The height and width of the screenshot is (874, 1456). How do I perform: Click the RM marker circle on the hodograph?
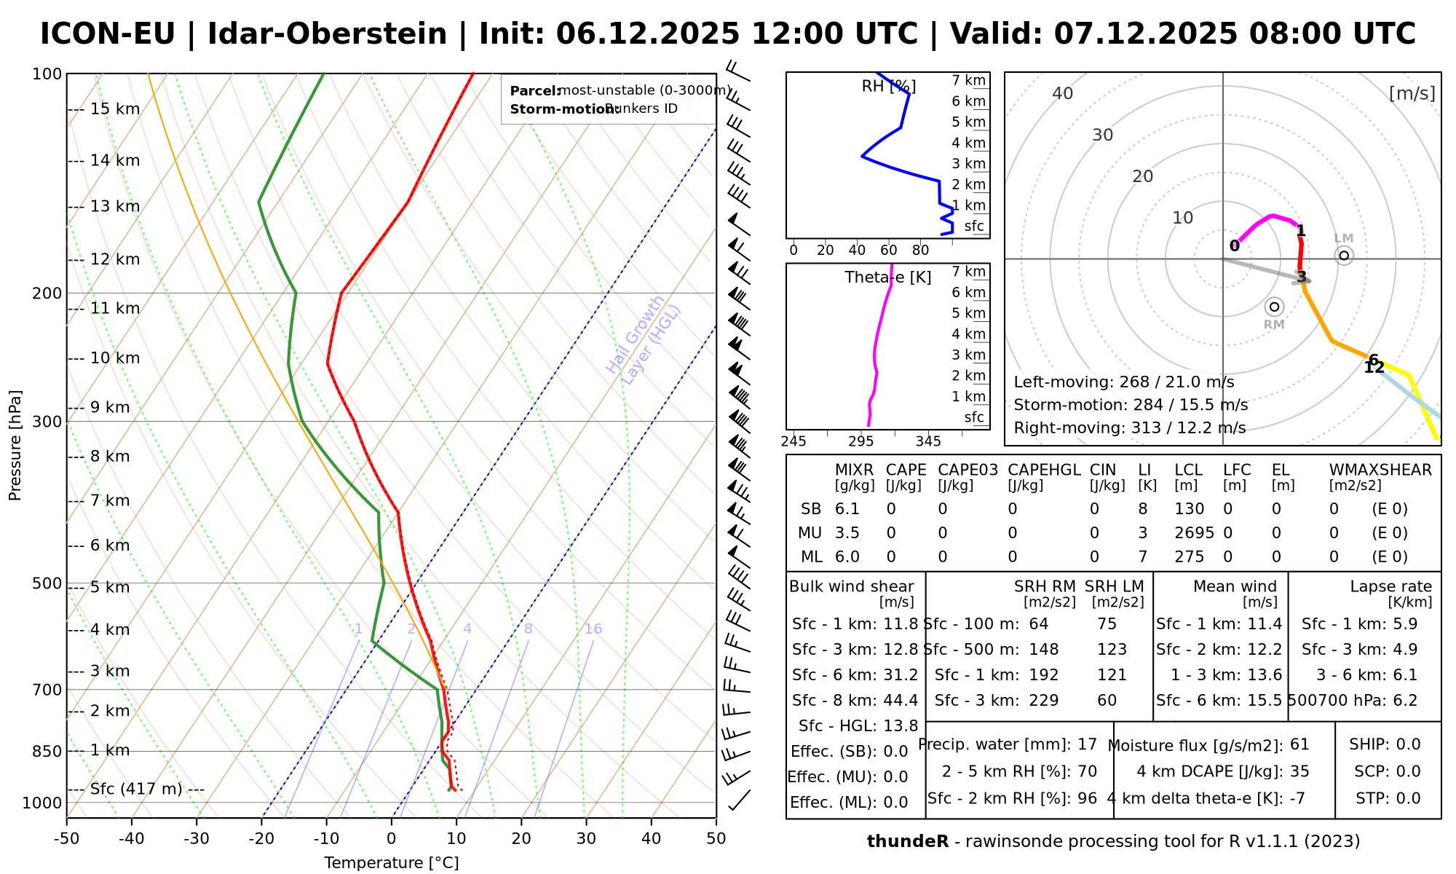(x=1274, y=307)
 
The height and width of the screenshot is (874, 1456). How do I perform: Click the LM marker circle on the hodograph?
(x=1344, y=256)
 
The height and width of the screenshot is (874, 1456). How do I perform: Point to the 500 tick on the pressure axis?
(x=47, y=583)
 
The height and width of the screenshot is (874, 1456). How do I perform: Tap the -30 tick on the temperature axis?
(x=197, y=839)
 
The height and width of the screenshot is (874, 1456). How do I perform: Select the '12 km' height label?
(x=115, y=259)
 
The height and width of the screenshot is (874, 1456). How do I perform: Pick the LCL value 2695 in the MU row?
(x=1194, y=533)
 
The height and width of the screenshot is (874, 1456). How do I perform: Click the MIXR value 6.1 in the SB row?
(x=847, y=509)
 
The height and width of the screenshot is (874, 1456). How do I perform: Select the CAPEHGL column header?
(x=1044, y=470)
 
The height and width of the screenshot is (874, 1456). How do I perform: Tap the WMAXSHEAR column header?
(x=1380, y=470)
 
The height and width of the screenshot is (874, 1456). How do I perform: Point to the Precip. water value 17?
(x=1087, y=744)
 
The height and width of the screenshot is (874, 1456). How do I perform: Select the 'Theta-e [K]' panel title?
(x=888, y=277)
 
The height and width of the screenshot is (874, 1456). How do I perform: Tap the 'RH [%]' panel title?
(x=889, y=87)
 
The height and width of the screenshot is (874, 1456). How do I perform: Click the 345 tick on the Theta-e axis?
(x=928, y=442)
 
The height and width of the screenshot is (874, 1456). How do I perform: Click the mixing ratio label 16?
(x=593, y=629)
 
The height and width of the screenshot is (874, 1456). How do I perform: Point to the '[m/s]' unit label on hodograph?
(x=1412, y=93)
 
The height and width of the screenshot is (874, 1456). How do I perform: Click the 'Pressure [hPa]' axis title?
(x=15, y=445)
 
